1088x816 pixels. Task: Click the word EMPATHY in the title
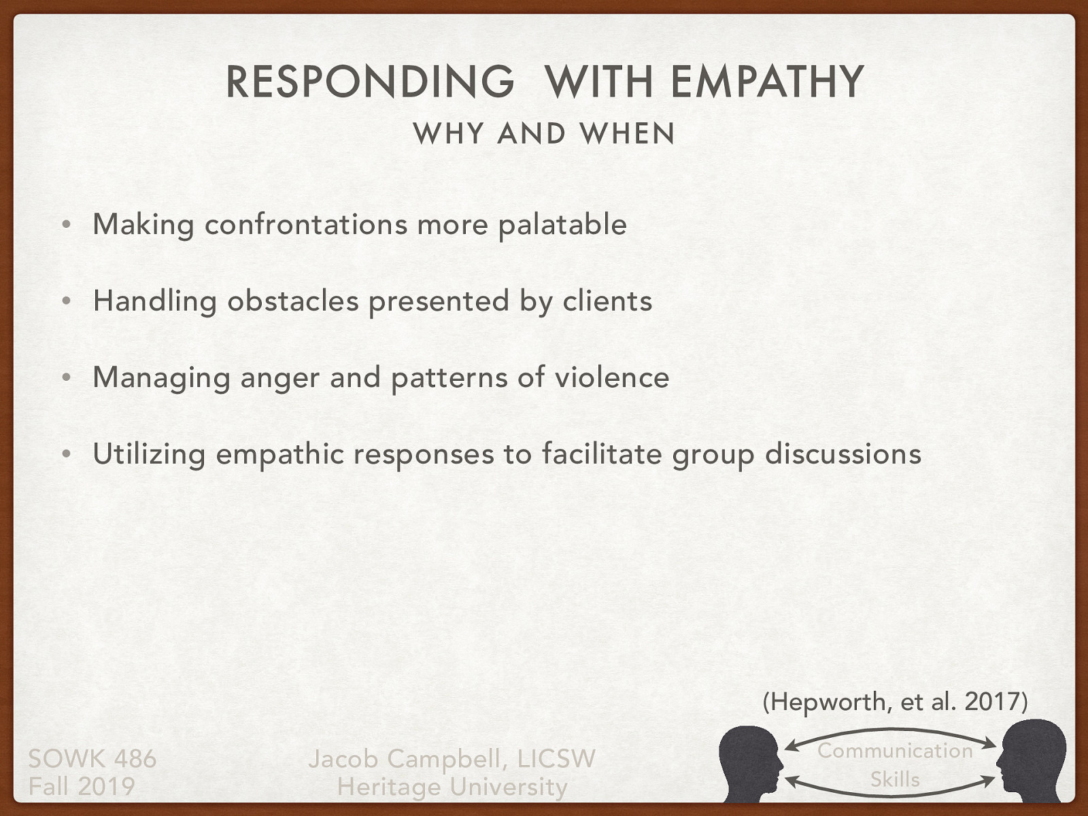[766, 82]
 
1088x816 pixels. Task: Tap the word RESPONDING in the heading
[370, 82]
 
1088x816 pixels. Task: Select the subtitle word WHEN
[628, 134]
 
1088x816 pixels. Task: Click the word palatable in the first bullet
[562, 224]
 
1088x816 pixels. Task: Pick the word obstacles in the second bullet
[292, 301]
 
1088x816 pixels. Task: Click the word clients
[607, 301]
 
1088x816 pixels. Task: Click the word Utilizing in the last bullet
[149, 454]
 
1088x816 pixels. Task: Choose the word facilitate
[602, 454]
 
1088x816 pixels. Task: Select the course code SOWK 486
[92, 759]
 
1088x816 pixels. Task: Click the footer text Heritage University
[452, 787]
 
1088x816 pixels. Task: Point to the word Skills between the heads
[895, 779]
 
